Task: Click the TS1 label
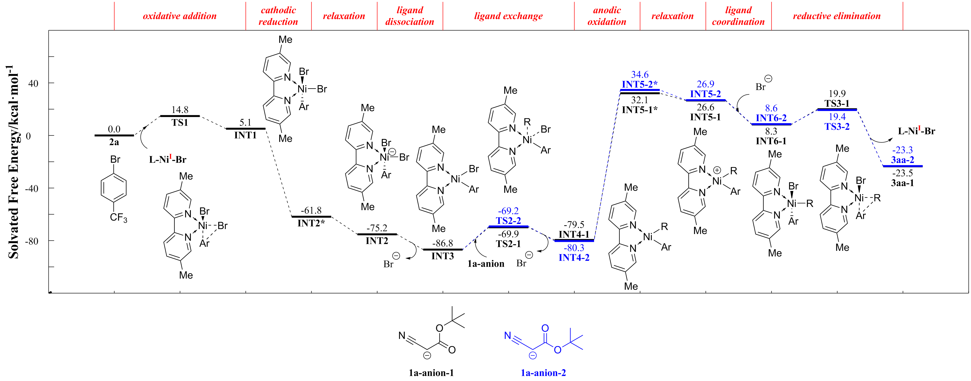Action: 180,122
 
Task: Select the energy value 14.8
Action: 180,110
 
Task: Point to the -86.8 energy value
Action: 442,243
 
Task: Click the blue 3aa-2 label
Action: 902,160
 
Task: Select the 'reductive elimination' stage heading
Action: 837,16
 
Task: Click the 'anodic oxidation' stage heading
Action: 607,16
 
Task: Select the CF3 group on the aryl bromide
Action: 118,218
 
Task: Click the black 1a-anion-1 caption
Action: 431,373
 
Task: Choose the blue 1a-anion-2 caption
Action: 543,373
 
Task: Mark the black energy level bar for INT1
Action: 245,129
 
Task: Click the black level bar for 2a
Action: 114,135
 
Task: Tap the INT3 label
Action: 442,256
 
